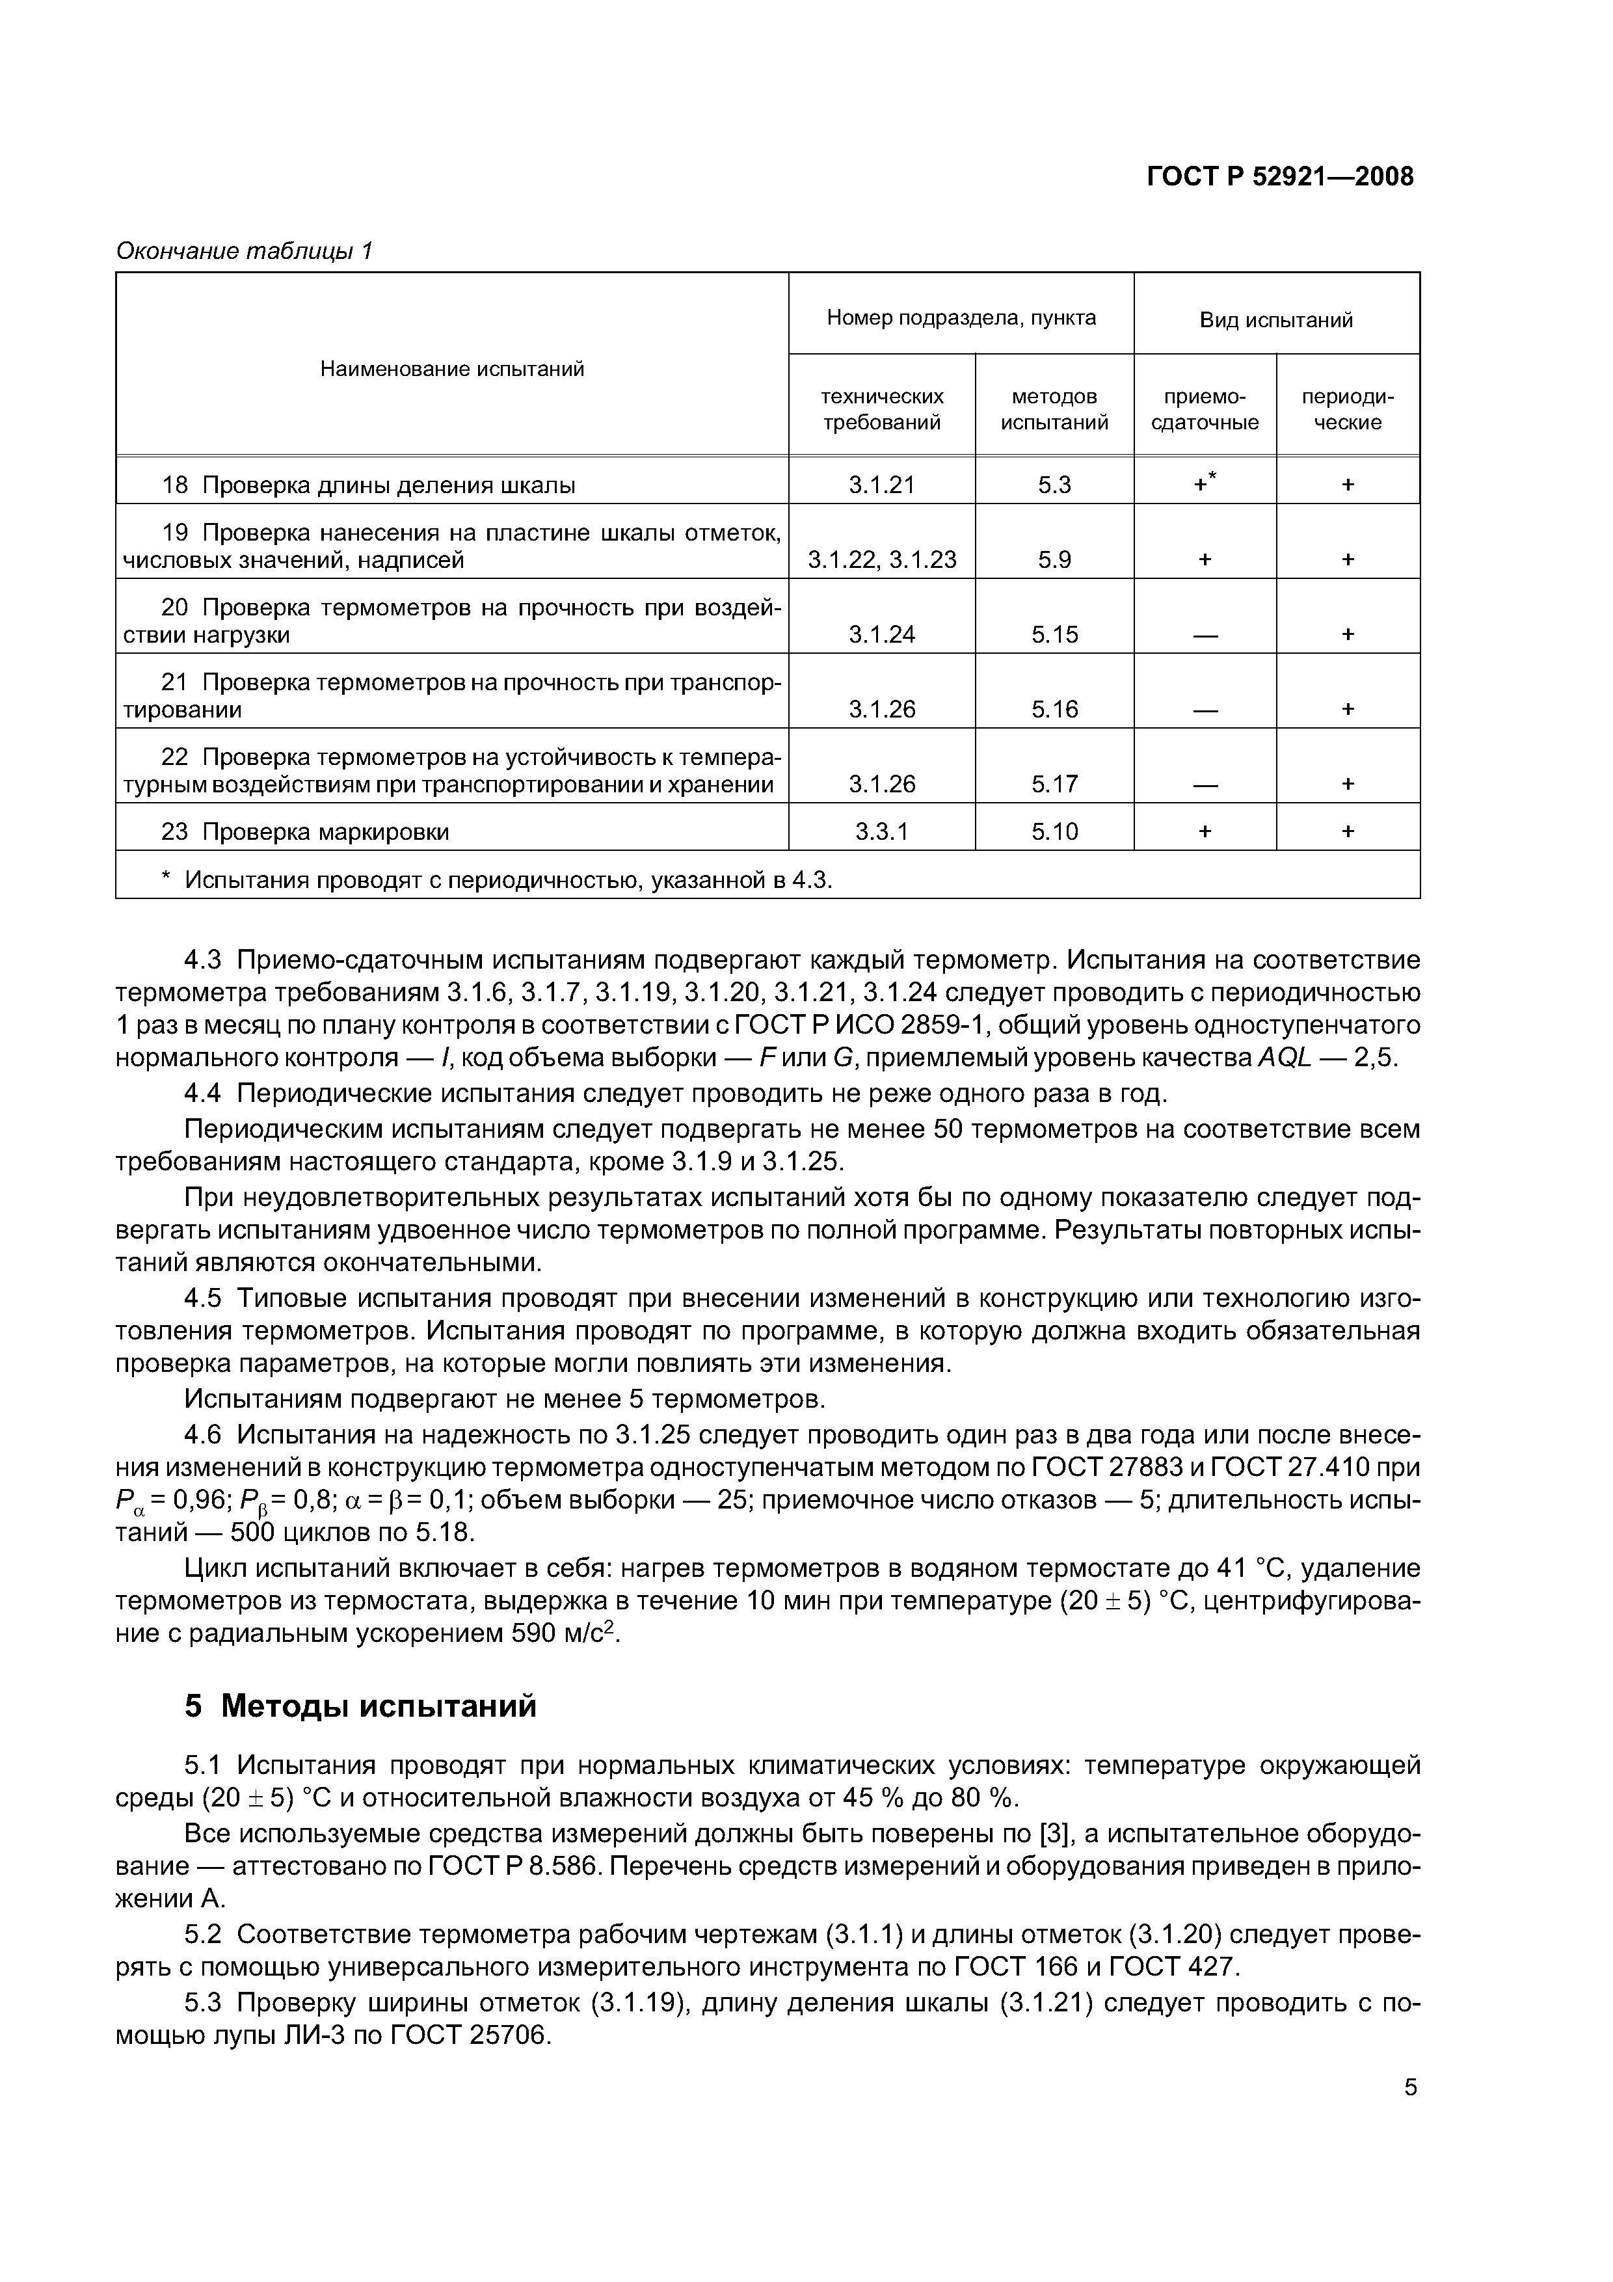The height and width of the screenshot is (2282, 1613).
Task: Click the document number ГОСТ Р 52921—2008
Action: tap(1279, 177)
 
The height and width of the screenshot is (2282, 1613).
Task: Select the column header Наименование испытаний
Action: tap(452, 369)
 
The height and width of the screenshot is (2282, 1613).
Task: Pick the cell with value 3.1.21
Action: tap(881, 485)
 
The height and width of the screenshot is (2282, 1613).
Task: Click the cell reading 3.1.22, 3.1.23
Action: tap(881, 559)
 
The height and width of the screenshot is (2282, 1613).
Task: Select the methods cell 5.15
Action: tap(1054, 634)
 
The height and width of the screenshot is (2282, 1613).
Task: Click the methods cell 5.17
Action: tap(1054, 784)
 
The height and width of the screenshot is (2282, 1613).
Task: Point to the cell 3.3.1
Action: tap(881, 831)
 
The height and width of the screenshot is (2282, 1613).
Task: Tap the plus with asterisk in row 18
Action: tap(1205, 484)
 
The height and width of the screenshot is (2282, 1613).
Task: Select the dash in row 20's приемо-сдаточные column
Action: tap(1205, 635)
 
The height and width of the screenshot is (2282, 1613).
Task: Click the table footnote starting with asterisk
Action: tap(497, 879)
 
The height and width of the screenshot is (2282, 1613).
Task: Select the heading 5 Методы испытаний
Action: tap(360, 1706)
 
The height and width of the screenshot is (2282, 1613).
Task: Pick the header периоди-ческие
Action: tap(1348, 409)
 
